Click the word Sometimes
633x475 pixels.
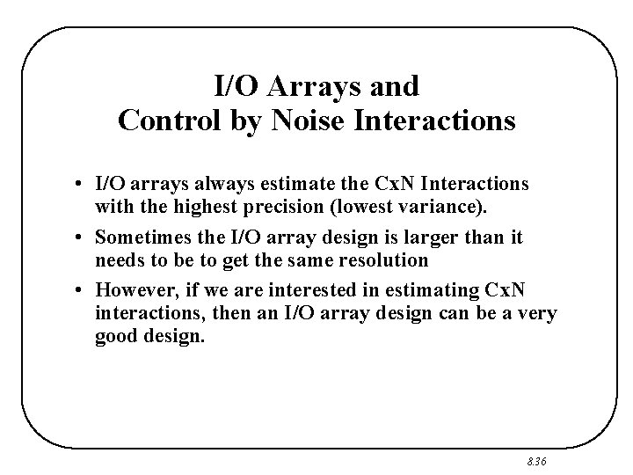pos(137,237)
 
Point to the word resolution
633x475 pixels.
pos(386,260)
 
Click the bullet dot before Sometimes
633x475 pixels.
pos(79,237)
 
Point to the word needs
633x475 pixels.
pos(117,260)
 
